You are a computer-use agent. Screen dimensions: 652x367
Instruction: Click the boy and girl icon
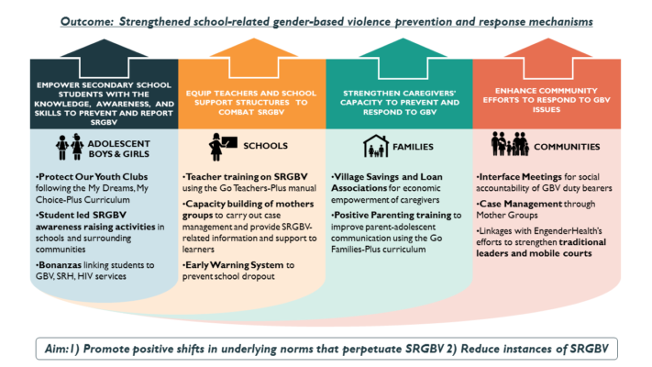pos(70,147)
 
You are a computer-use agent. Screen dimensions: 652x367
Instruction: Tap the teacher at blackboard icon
pos(223,147)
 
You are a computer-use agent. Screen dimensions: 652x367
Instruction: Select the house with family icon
pos(376,146)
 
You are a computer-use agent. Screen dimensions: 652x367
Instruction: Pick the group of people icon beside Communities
pos(510,144)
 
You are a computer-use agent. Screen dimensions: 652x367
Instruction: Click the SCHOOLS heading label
pos(265,146)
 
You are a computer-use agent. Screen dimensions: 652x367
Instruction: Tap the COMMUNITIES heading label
pos(567,147)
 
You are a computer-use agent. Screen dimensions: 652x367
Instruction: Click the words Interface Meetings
pos(519,177)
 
